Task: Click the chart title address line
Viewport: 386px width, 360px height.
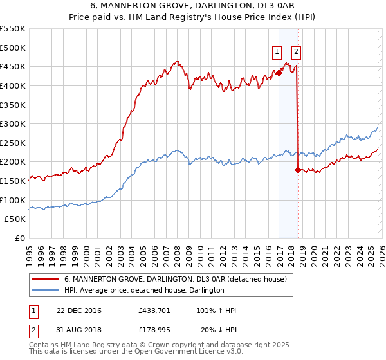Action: (192, 7)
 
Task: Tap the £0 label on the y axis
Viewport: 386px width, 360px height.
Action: (21, 238)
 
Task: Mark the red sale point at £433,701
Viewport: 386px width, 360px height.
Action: (279, 73)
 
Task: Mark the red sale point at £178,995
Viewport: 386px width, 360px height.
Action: (297, 170)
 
